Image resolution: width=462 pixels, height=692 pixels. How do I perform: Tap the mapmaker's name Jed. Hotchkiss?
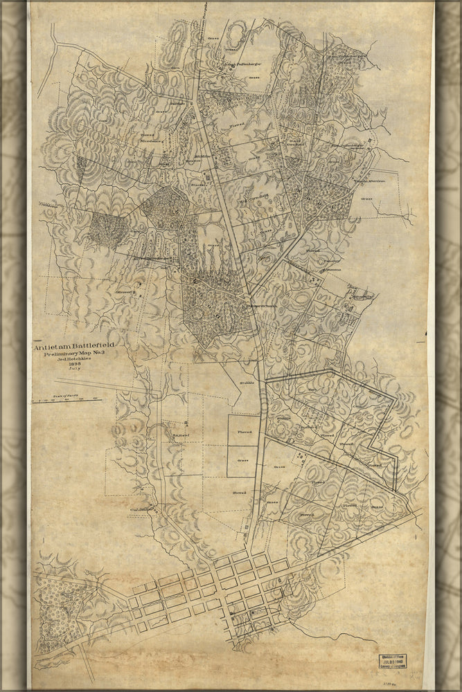coord(75,361)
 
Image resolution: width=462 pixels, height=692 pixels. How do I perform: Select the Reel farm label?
coord(181,435)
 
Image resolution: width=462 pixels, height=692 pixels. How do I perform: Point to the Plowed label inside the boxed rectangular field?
coord(245,432)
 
